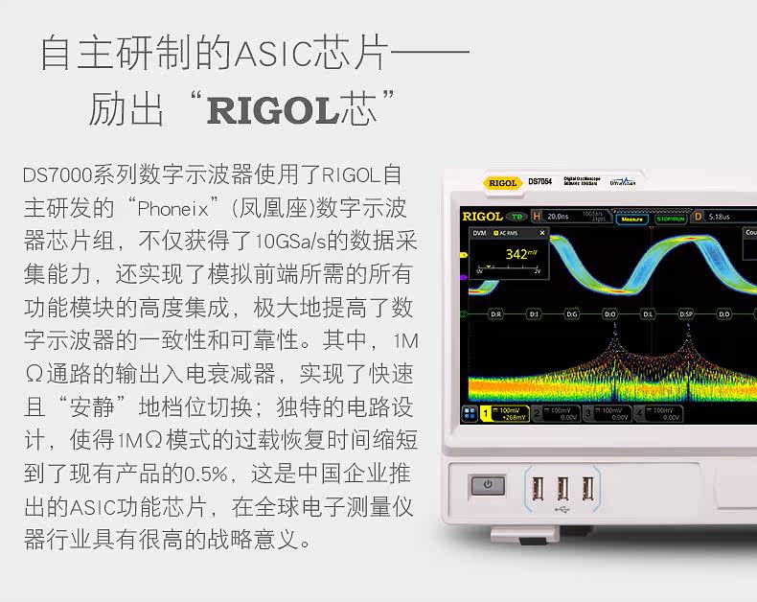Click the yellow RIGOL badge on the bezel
point(502,182)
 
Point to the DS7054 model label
point(539,181)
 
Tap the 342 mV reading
point(520,254)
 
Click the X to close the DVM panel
point(542,233)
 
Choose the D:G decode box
point(572,313)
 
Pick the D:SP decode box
point(686,313)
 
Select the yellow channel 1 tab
point(505,414)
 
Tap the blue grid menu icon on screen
point(470,414)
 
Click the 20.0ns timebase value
point(559,217)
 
